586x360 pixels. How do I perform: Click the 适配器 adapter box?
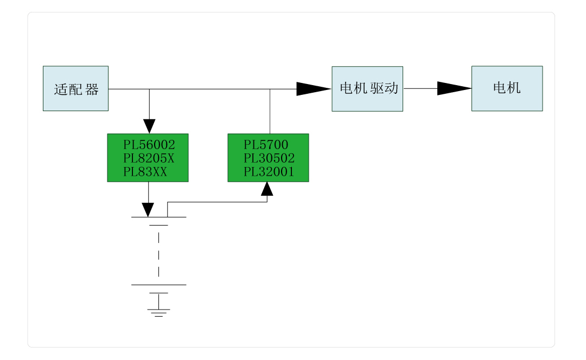(x=75, y=88)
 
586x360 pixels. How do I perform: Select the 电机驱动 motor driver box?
(x=367, y=88)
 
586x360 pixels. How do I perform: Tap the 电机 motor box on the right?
(x=507, y=88)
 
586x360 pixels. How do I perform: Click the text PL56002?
(x=149, y=145)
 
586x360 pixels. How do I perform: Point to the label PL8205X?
(x=149, y=158)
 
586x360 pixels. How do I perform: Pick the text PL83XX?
(x=145, y=172)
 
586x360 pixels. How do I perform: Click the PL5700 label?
(x=266, y=145)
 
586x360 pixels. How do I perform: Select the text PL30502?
(x=269, y=158)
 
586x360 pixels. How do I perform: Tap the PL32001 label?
(x=269, y=172)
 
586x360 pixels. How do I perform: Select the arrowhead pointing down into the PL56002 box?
(x=149, y=126)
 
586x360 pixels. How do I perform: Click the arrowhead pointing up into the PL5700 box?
(x=267, y=189)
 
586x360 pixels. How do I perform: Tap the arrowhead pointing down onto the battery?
(x=148, y=210)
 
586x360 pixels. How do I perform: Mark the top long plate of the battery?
(x=158, y=217)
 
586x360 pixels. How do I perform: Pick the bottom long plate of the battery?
(x=158, y=285)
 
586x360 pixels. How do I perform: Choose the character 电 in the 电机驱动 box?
(x=346, y=88)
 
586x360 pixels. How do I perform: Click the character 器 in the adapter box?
(x=92, y=89)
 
